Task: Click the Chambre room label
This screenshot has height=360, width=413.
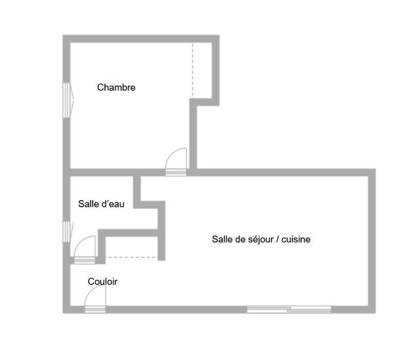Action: [116, 88]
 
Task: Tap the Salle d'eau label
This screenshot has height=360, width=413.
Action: [101, 204]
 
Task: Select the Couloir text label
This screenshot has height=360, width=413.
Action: [103, 282]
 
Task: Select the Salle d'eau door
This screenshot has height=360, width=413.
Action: [85, 248]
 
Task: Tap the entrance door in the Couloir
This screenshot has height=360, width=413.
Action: [96, 296]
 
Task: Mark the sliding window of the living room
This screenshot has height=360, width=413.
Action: [289, 309]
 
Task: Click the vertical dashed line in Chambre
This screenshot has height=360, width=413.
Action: [193, 70]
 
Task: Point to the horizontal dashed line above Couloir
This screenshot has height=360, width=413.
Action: [131, 257]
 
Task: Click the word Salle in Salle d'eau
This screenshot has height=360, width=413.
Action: [87, 204]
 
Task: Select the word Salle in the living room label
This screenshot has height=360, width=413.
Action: [221, 239]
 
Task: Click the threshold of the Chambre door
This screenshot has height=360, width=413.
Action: [176, 172]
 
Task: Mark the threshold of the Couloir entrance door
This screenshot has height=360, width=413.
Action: [94, 309]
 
